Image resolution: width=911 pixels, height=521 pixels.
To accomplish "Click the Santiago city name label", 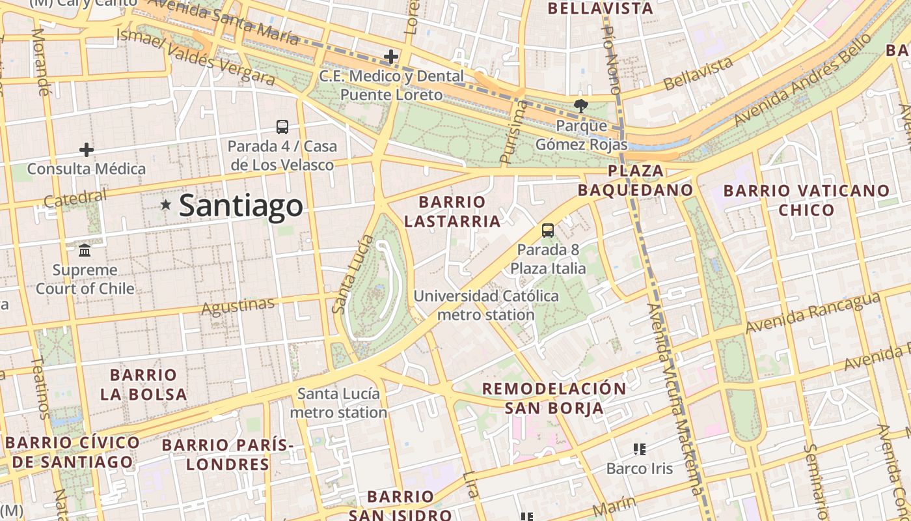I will pos(241,206).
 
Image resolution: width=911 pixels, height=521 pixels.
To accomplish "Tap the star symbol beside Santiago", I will pos(166,205).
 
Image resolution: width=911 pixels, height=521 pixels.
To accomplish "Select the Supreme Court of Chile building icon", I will pos(85,250).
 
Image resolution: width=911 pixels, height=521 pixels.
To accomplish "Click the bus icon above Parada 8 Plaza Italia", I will pos(548,230).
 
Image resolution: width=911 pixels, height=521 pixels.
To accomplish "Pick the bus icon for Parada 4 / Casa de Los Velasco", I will pos(282,126).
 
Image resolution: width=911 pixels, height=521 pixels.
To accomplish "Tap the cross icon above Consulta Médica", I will pos(86,150).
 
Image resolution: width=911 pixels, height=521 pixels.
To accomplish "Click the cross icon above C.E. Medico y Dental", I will pos(390,57).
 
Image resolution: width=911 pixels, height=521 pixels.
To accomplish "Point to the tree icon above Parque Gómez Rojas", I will pos(580,106).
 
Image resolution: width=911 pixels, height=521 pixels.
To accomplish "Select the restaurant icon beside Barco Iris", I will pos(639,449).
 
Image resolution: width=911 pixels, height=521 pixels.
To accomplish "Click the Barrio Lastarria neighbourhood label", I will pos(452,212).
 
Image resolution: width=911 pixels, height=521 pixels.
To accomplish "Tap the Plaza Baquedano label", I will pos(636,180).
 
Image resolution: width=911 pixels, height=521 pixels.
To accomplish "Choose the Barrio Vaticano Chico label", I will pos(806,200).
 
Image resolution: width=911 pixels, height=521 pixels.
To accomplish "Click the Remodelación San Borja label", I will pos(554,399).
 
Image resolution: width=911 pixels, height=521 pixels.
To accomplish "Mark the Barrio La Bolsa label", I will pos(144,384).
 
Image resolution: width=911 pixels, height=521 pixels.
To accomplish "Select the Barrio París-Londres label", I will pos(228,455).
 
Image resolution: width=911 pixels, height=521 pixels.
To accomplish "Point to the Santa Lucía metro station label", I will pos(338,403).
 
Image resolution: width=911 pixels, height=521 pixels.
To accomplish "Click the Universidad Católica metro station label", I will pos(486,305).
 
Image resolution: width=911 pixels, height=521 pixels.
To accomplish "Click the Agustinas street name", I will pos(238,306).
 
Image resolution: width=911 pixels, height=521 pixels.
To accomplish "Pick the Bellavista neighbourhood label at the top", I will pos(600,8).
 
